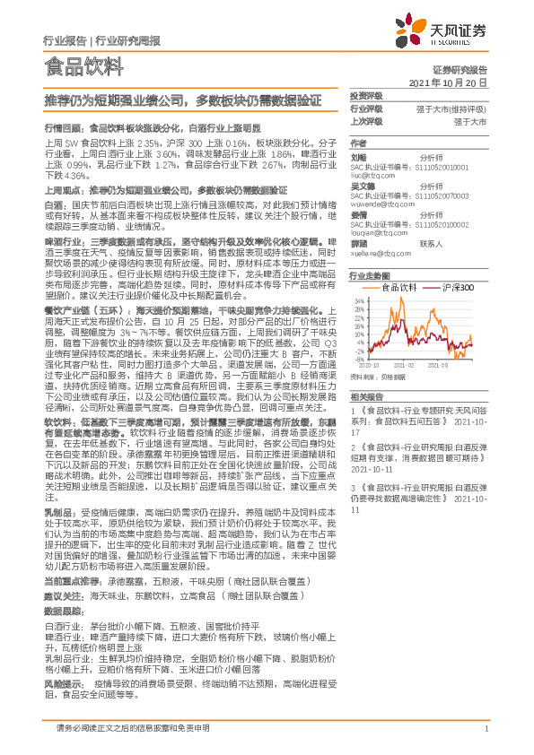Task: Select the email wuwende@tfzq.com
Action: (381, 204)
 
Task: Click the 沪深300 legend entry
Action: (458, 286)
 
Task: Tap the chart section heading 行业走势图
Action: (369, 276)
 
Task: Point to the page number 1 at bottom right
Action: (486, 727)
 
